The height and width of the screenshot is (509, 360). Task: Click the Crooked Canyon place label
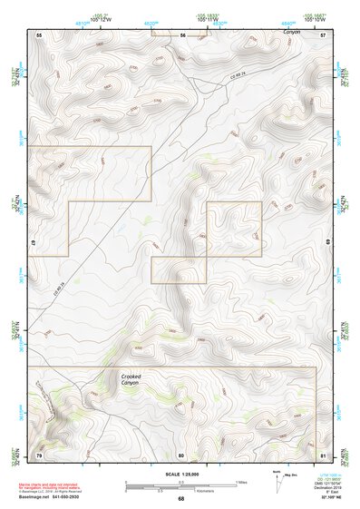[133, 378]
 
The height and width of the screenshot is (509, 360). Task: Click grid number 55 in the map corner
[39, 34]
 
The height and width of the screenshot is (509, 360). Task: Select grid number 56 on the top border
[182, 34]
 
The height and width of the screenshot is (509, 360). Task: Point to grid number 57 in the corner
[323, 34]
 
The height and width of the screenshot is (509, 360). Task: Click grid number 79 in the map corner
[39, 454]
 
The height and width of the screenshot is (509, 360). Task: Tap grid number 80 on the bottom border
[181, 454]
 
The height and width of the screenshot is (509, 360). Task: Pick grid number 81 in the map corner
[323, 454]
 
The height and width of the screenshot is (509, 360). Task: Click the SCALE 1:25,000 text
[180, 473]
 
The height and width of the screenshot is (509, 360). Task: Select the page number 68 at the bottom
[180, 498]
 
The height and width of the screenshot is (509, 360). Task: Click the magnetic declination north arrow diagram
[280, 478]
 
